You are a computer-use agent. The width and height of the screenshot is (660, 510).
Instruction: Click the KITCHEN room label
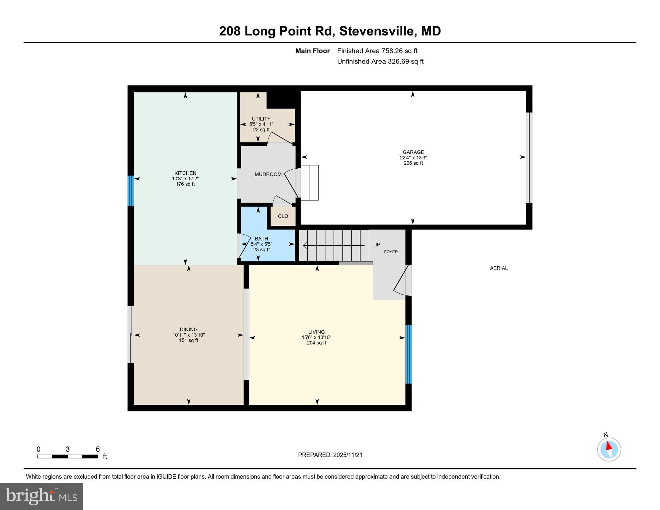(x=185, y=173)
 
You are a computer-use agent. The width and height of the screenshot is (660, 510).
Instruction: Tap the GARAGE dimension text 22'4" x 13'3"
(x=413, y=158)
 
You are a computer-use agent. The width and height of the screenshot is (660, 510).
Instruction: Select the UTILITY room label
(x=261, y=119)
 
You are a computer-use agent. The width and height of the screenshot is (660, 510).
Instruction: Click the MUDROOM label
(x=268, y=174)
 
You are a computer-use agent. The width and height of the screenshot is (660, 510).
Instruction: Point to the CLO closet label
(x=283, y=216)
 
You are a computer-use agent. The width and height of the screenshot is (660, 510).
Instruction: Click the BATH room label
(x=261, y=238)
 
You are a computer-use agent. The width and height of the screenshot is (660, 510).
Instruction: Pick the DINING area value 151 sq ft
(x=188, y=340)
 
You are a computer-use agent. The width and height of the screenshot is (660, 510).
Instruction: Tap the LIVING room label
(x=316, y=332)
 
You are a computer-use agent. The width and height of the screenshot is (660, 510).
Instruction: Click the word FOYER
(x=391, y=252)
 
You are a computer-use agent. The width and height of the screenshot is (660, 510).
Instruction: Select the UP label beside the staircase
(x=376, y=245)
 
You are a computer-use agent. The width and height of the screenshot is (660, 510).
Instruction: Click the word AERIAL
(x=499, y=268)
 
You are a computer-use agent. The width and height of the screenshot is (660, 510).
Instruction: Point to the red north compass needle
(x=609, y=446)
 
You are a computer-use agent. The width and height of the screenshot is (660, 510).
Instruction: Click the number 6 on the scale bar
(x=98, y=449)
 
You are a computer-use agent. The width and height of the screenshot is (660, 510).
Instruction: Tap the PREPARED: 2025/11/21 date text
(x=330, y=455)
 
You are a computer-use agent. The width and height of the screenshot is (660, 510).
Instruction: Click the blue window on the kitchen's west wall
(x=131, y=191)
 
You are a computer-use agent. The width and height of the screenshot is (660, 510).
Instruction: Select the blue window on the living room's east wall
(x=409, y=354)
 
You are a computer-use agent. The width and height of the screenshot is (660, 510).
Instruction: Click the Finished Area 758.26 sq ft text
(x=377, y=51)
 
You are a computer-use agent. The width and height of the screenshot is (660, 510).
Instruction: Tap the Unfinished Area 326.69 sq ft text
(x=380, y=61)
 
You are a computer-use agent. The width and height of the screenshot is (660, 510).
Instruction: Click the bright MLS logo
(x=42, y=496)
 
